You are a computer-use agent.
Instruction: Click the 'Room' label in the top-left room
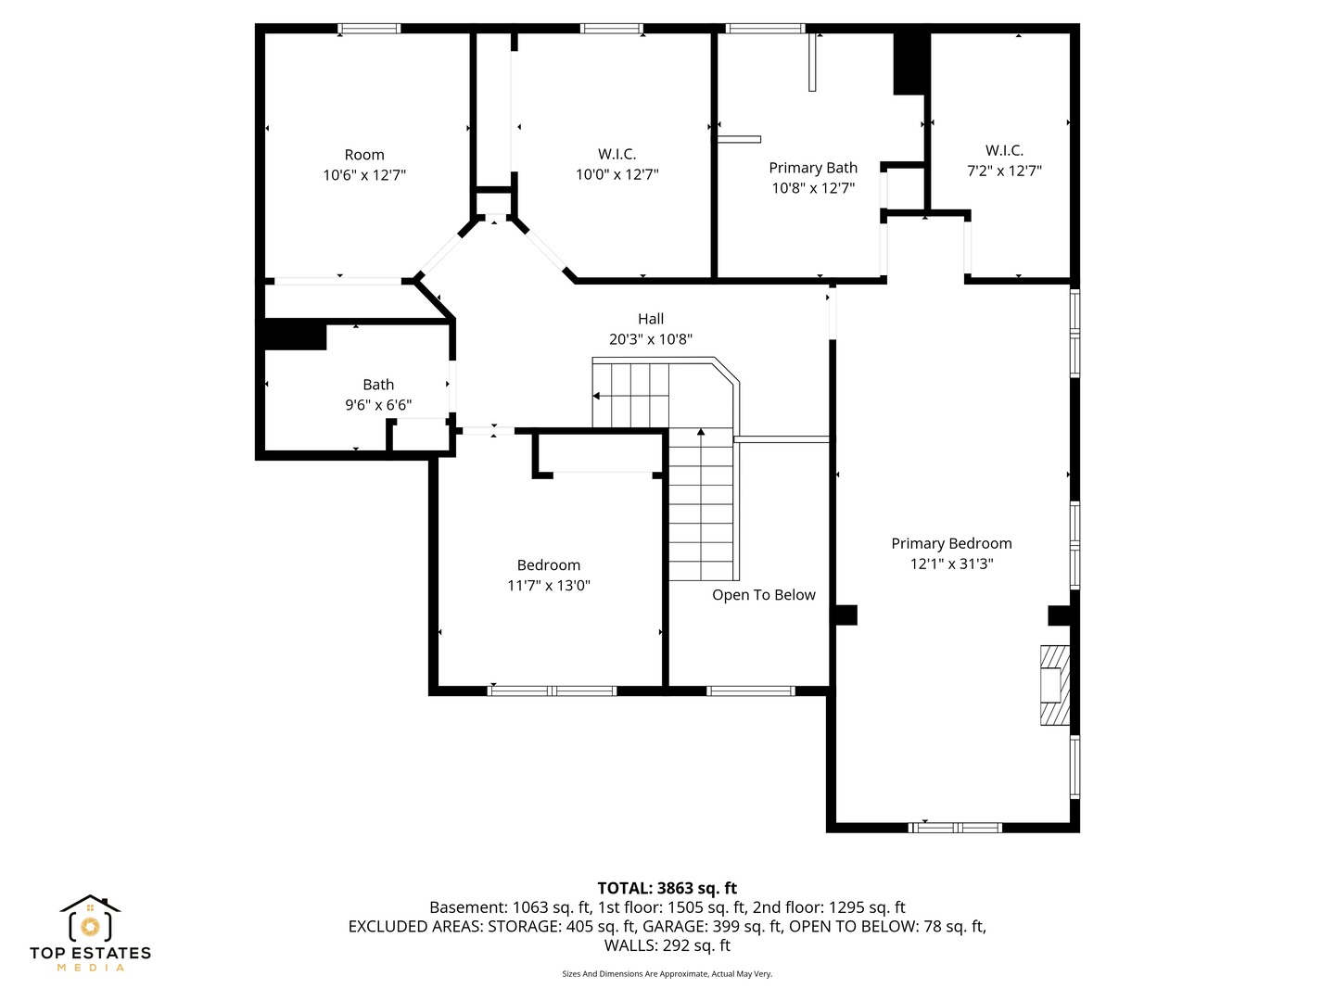pos(363,155)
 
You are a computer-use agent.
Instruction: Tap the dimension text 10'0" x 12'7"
pos(617,174)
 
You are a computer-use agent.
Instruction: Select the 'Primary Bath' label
pos(812,168)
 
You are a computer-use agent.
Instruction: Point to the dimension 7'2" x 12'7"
pos(1004,171)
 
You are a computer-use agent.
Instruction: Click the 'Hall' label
pos(650,319)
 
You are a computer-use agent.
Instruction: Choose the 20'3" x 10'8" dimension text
pos(650,339)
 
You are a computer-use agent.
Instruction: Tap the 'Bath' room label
pos(377,385)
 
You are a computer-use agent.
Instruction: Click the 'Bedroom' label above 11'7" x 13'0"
pos(548,565)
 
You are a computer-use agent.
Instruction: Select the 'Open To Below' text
pos(763,595)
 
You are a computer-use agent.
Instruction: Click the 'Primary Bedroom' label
pos(951,544)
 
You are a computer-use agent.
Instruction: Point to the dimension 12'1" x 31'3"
pos(951,564)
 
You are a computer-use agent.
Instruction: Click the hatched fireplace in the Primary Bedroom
pos(1054,685)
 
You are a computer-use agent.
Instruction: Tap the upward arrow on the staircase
pos(701,433)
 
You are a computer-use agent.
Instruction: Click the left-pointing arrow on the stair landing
pos(596,396)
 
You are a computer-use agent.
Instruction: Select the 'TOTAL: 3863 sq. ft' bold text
pos(667,888)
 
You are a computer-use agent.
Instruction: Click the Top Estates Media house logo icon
pos(90,920)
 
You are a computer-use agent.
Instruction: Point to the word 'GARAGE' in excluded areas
pos(672,926)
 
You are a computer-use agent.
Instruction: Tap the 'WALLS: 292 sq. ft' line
pos(667,945)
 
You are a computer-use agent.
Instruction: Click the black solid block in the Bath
pos(295,335)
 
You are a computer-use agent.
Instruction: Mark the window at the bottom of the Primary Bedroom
pos(955,827)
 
